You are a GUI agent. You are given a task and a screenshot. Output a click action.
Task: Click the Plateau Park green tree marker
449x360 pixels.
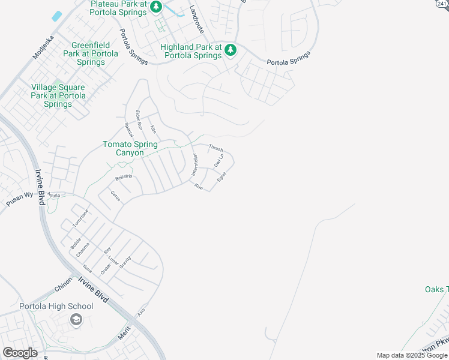click(156, 7)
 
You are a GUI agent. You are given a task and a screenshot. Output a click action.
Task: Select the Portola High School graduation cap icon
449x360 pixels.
click(76, 320)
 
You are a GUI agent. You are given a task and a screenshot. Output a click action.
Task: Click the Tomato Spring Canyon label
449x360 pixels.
click(130, 148)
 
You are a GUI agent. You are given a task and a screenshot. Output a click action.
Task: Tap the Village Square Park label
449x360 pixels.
click(58, 95)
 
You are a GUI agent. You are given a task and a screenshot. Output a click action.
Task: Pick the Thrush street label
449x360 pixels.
click(216, 148)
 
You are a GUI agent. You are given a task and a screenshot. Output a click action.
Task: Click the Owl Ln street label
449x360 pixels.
click(218, 161)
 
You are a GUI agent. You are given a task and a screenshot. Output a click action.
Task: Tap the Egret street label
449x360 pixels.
click(221, 178)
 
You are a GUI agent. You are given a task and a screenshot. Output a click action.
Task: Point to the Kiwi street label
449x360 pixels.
click(199, 187)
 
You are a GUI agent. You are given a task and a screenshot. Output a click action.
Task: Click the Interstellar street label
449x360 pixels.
click(194, 164)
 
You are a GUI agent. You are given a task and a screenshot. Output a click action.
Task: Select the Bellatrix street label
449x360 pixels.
click(124, 178)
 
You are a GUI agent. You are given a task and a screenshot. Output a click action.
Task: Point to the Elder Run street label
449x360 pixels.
click(139, 120)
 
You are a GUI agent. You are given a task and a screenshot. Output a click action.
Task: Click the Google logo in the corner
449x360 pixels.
click(20, 353)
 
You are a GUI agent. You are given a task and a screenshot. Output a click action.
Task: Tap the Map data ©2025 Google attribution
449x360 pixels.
click(412, 355)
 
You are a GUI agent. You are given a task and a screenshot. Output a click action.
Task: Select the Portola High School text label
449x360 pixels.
click(56, 306)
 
